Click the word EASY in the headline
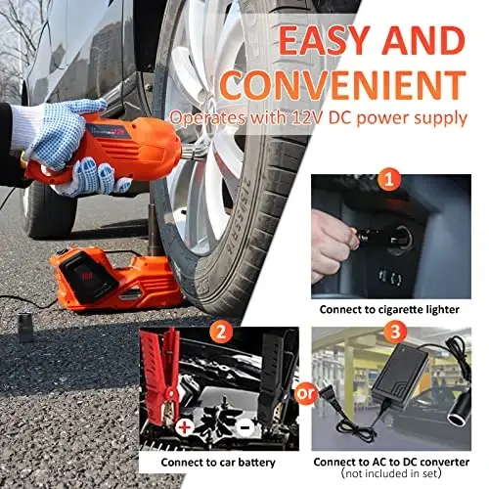point(325,40)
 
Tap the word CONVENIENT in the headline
point(343,85)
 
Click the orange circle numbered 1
point(389,179)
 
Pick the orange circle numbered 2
point(221,333)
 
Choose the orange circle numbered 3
point(395,333)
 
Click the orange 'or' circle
point(305,393)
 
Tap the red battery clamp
point(161,375)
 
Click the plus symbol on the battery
point(185,427)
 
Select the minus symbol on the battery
point(245,427)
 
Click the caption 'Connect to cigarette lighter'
point(389,310)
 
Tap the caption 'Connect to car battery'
point(218,463)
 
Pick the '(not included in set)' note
point(391,473)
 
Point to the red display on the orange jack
point(87,277)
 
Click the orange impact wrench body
point(108,150)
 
